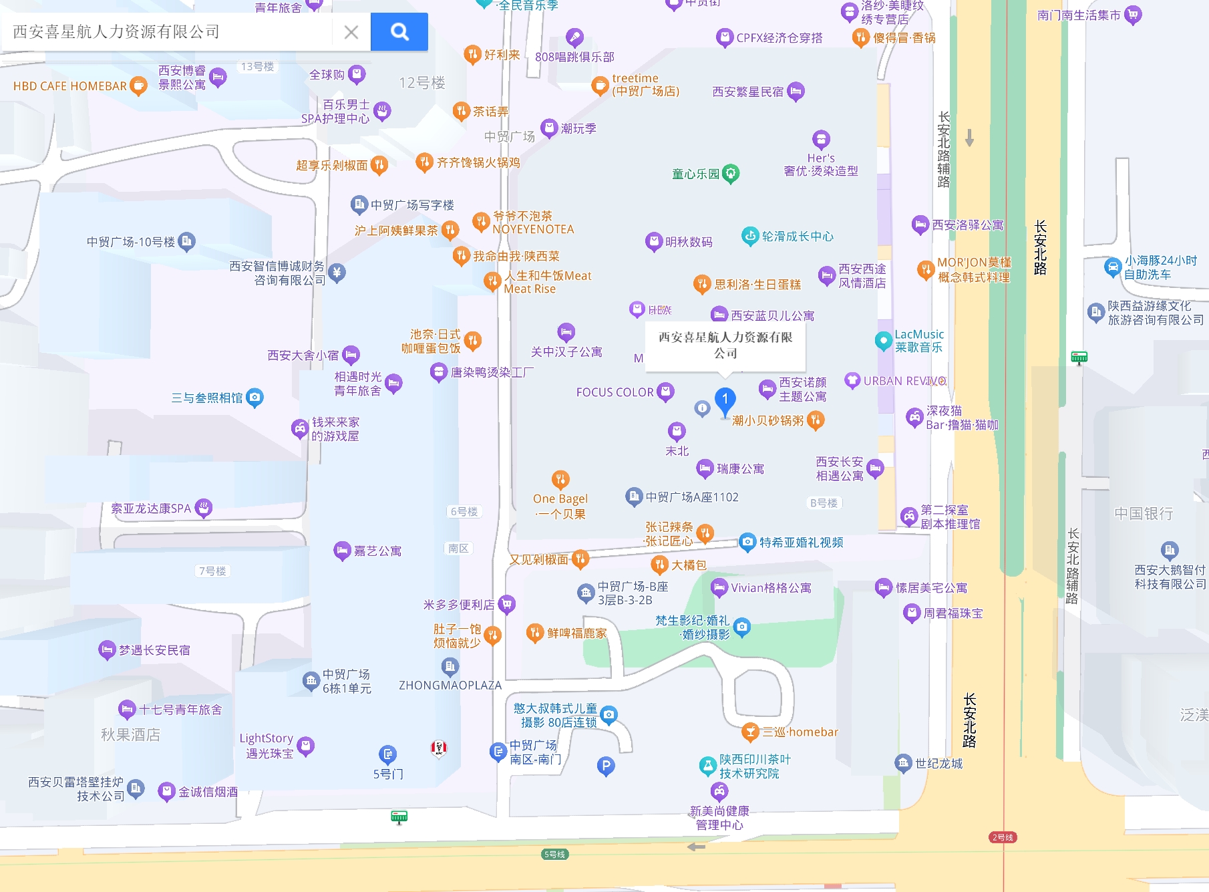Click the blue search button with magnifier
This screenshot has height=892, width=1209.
[399, 31]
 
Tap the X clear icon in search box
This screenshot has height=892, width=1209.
[351, 32]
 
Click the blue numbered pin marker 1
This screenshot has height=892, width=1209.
[725, 400]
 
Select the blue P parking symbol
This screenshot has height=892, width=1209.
[605, 766]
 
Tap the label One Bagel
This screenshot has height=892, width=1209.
[560, 498]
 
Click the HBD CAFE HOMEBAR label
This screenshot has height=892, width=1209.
[70, 86]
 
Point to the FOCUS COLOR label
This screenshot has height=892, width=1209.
[615, 392]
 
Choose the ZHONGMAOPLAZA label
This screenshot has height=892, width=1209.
[450, 685]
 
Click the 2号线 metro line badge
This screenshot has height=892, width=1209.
[1003, 837]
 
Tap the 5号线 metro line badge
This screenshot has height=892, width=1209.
[555, 854]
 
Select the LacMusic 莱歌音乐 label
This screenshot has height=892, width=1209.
[919, 341]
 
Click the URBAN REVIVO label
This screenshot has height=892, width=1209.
[904, 381]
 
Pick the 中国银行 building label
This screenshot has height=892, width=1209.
[1144, 513]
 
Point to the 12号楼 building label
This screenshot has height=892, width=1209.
[422, 83]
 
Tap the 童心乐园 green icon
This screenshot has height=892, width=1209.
[731, 173]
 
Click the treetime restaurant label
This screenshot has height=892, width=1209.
[645, 85]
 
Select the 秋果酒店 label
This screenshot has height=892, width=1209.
[130, 734]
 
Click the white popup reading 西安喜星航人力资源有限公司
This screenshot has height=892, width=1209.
[725, 345]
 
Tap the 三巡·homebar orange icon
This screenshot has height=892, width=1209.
[751, 732]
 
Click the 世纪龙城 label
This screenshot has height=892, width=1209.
[938, 763]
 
